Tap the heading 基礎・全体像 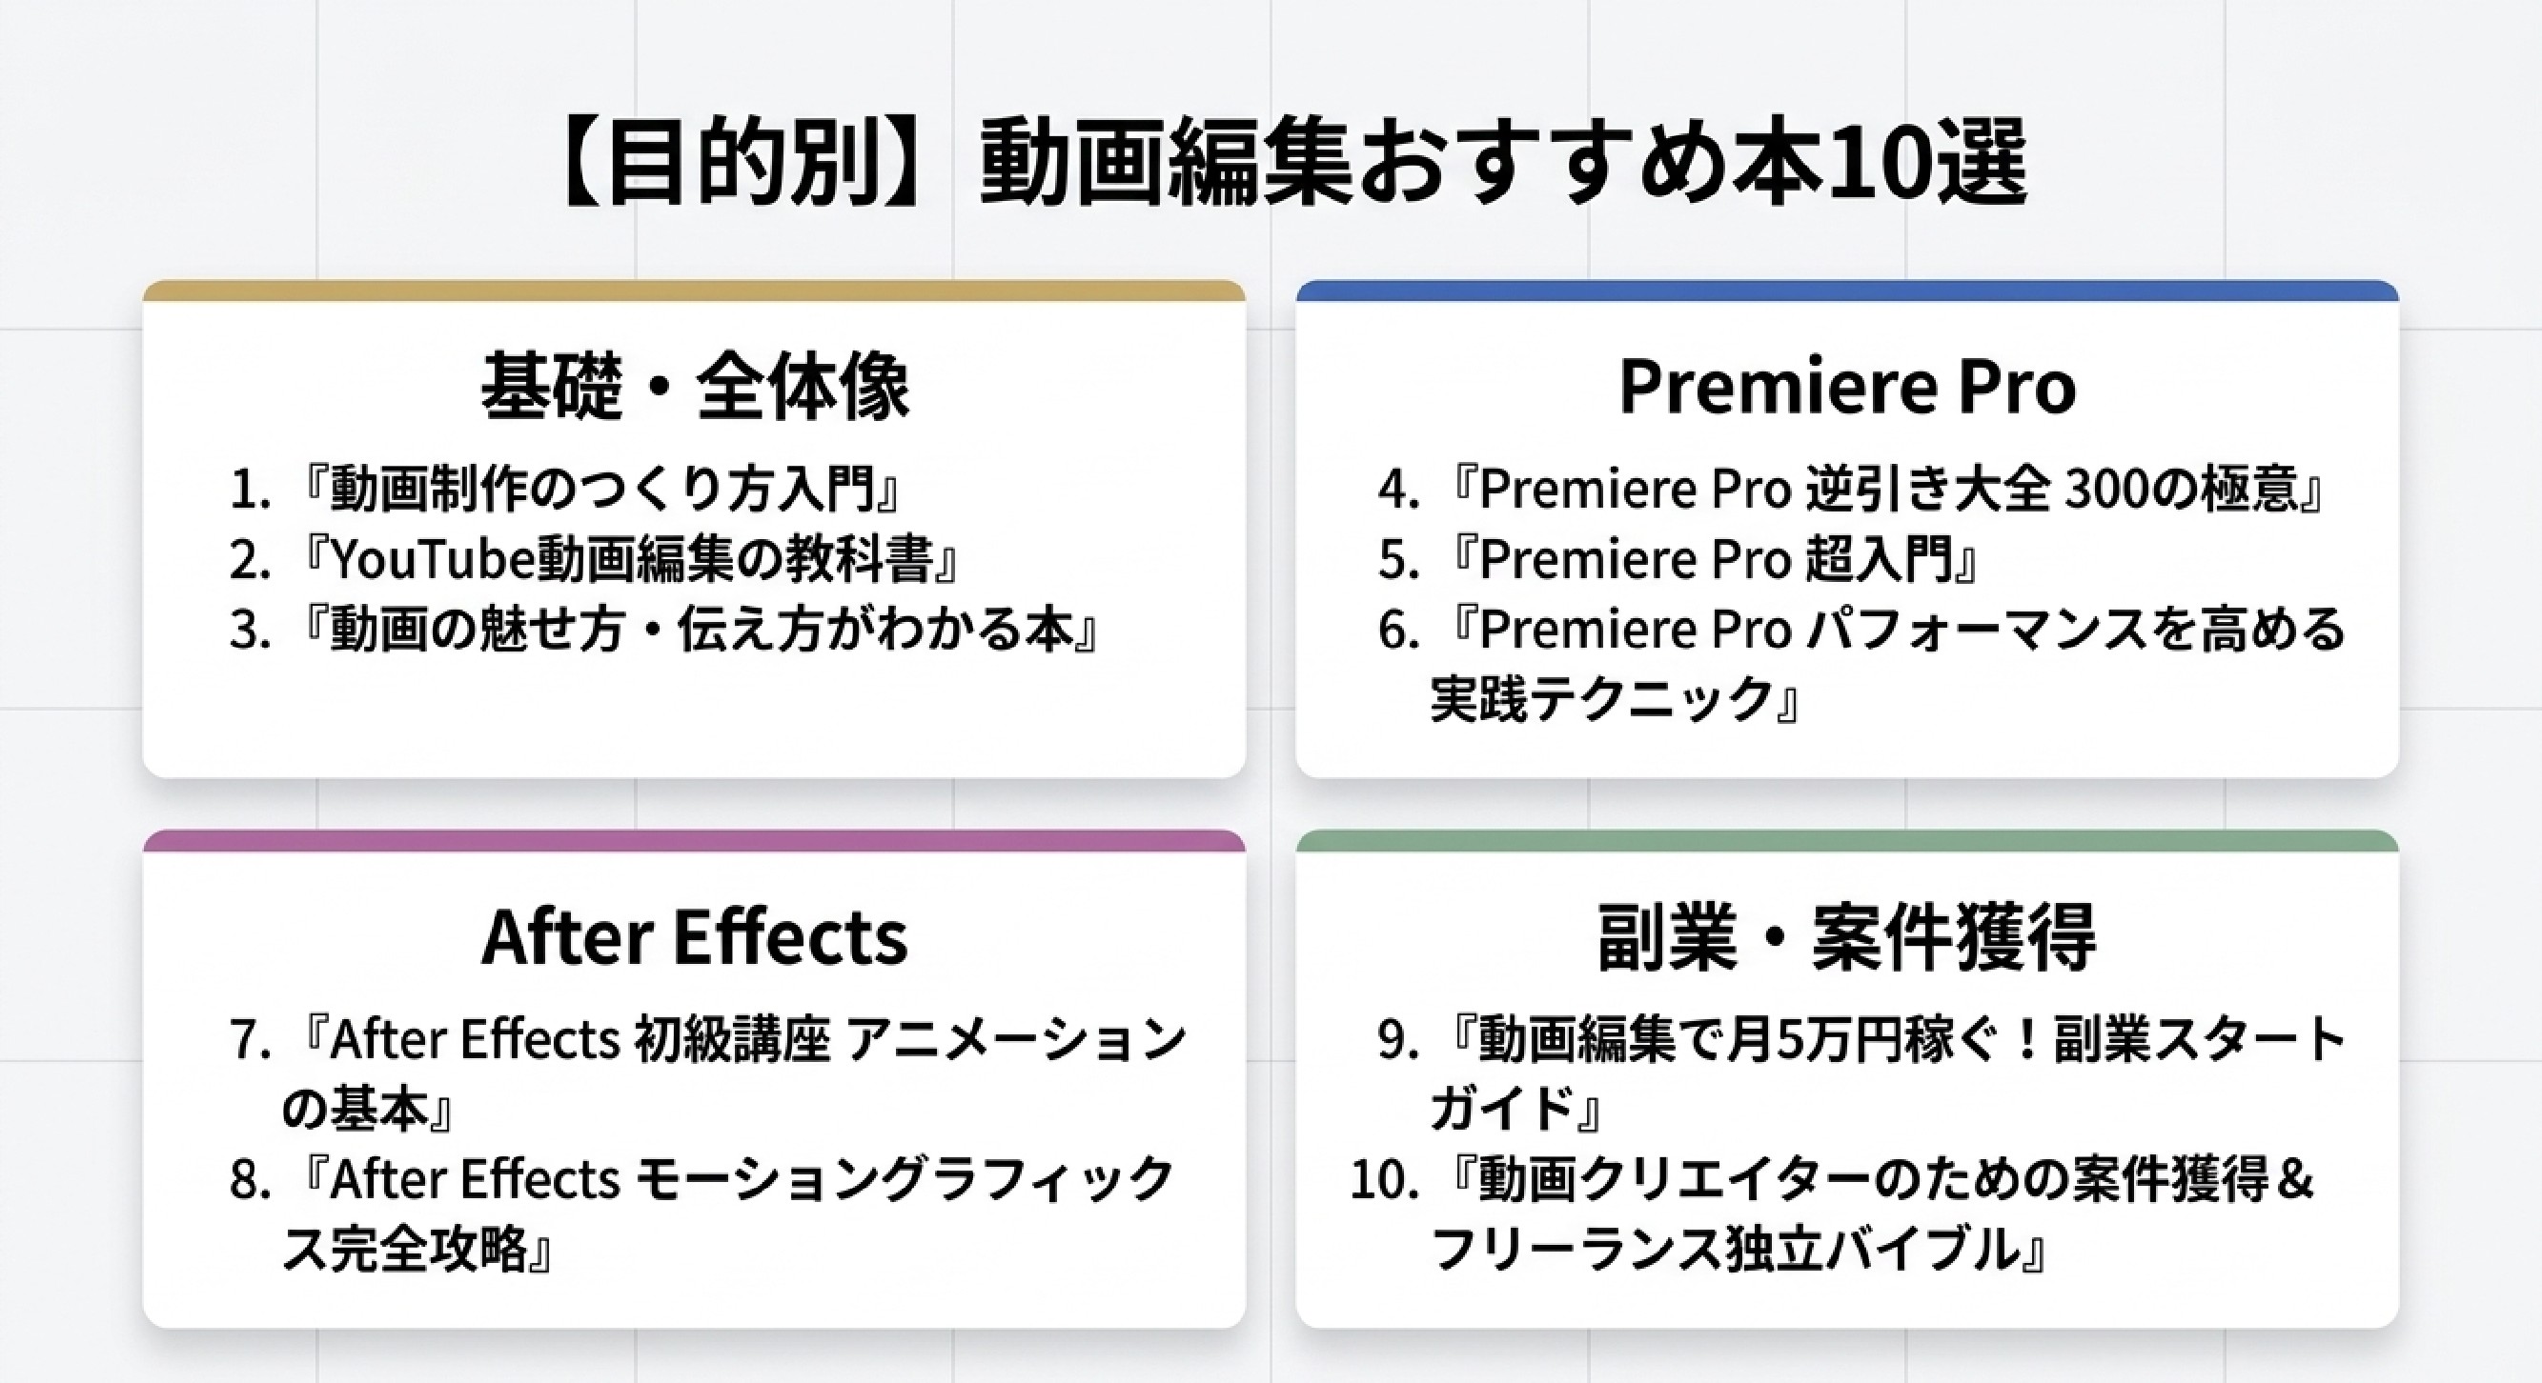click(695, 387)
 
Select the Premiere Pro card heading click(1847, 388)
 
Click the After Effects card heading click(695, 937)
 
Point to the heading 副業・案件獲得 click(1847, 937)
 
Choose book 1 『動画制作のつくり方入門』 click(564, 490)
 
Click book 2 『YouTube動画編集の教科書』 click(594, 559)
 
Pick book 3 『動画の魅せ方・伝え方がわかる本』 click(664, 630)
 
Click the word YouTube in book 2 click(431, 560)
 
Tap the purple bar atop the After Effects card click(695, 840)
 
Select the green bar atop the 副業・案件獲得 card click(1847, 840)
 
